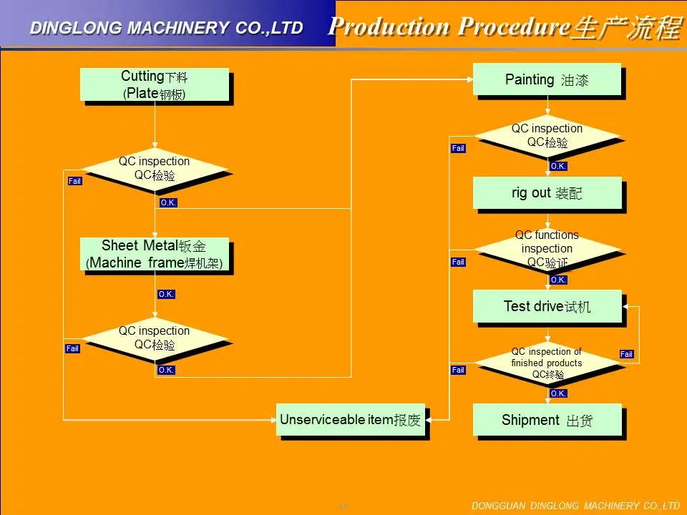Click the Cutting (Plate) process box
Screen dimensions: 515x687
(154, 84)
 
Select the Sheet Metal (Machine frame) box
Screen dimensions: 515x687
(154, 255)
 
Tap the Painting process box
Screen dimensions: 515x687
(547, 79)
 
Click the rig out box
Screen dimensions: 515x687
(547, 192)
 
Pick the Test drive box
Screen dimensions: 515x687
(547, 306)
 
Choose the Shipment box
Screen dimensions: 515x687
(547, 420)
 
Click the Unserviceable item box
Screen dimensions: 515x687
(351, 420)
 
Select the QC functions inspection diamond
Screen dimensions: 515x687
(547, 249)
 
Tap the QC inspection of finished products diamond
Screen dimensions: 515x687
(547, 363)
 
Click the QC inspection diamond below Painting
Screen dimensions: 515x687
(547, 135)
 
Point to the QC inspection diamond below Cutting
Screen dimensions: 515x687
(154, 168)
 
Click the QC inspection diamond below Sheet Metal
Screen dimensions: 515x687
(154, 338)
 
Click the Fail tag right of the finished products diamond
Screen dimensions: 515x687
(626, 354)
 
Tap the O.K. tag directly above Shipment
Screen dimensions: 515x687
(558, 393)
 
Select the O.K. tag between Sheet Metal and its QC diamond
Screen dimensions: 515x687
(166, 294)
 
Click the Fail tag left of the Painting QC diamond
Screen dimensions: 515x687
(458, 148)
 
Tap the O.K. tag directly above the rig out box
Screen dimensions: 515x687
(558, 166)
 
